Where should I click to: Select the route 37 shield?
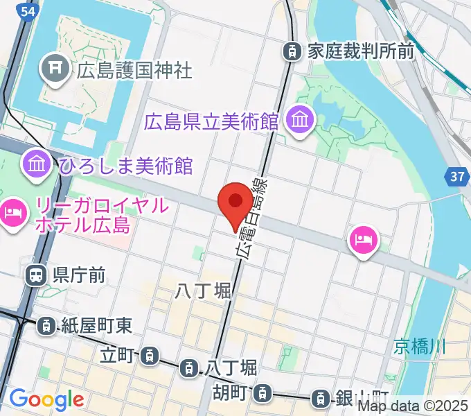456,177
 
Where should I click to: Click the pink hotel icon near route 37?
364,241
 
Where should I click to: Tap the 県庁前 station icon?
35,276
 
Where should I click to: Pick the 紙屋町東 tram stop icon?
46,324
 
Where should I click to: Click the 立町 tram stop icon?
148,357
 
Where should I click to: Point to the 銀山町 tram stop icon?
320,398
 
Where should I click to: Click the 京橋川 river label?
420,346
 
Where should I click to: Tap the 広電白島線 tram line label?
253,216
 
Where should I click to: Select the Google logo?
46,399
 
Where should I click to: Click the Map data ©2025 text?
412,406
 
